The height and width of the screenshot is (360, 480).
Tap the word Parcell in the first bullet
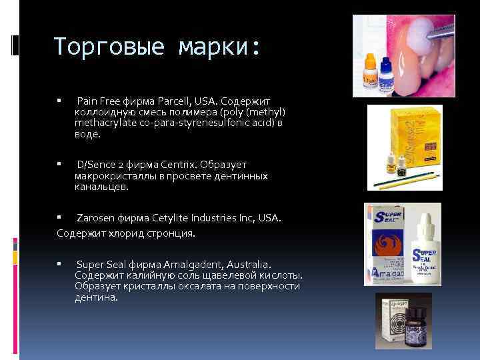(164, 101)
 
